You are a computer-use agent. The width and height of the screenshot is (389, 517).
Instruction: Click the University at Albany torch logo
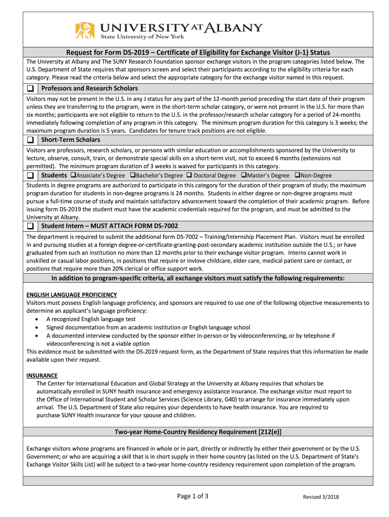coord(85,30)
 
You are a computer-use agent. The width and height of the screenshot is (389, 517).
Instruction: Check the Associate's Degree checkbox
coord(73,176)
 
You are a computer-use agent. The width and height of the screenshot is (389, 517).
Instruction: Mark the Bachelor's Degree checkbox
coord(132,176)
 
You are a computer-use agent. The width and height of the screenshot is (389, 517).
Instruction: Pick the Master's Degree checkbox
coord(243,176)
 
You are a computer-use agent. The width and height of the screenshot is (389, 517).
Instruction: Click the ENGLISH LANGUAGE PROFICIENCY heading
coord(71,295)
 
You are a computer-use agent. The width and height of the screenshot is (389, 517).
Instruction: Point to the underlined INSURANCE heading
coord(42,376)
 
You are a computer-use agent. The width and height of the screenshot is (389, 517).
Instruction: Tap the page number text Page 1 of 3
coord(192,496)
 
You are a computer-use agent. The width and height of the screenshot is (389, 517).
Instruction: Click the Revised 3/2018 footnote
coord(321,497)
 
